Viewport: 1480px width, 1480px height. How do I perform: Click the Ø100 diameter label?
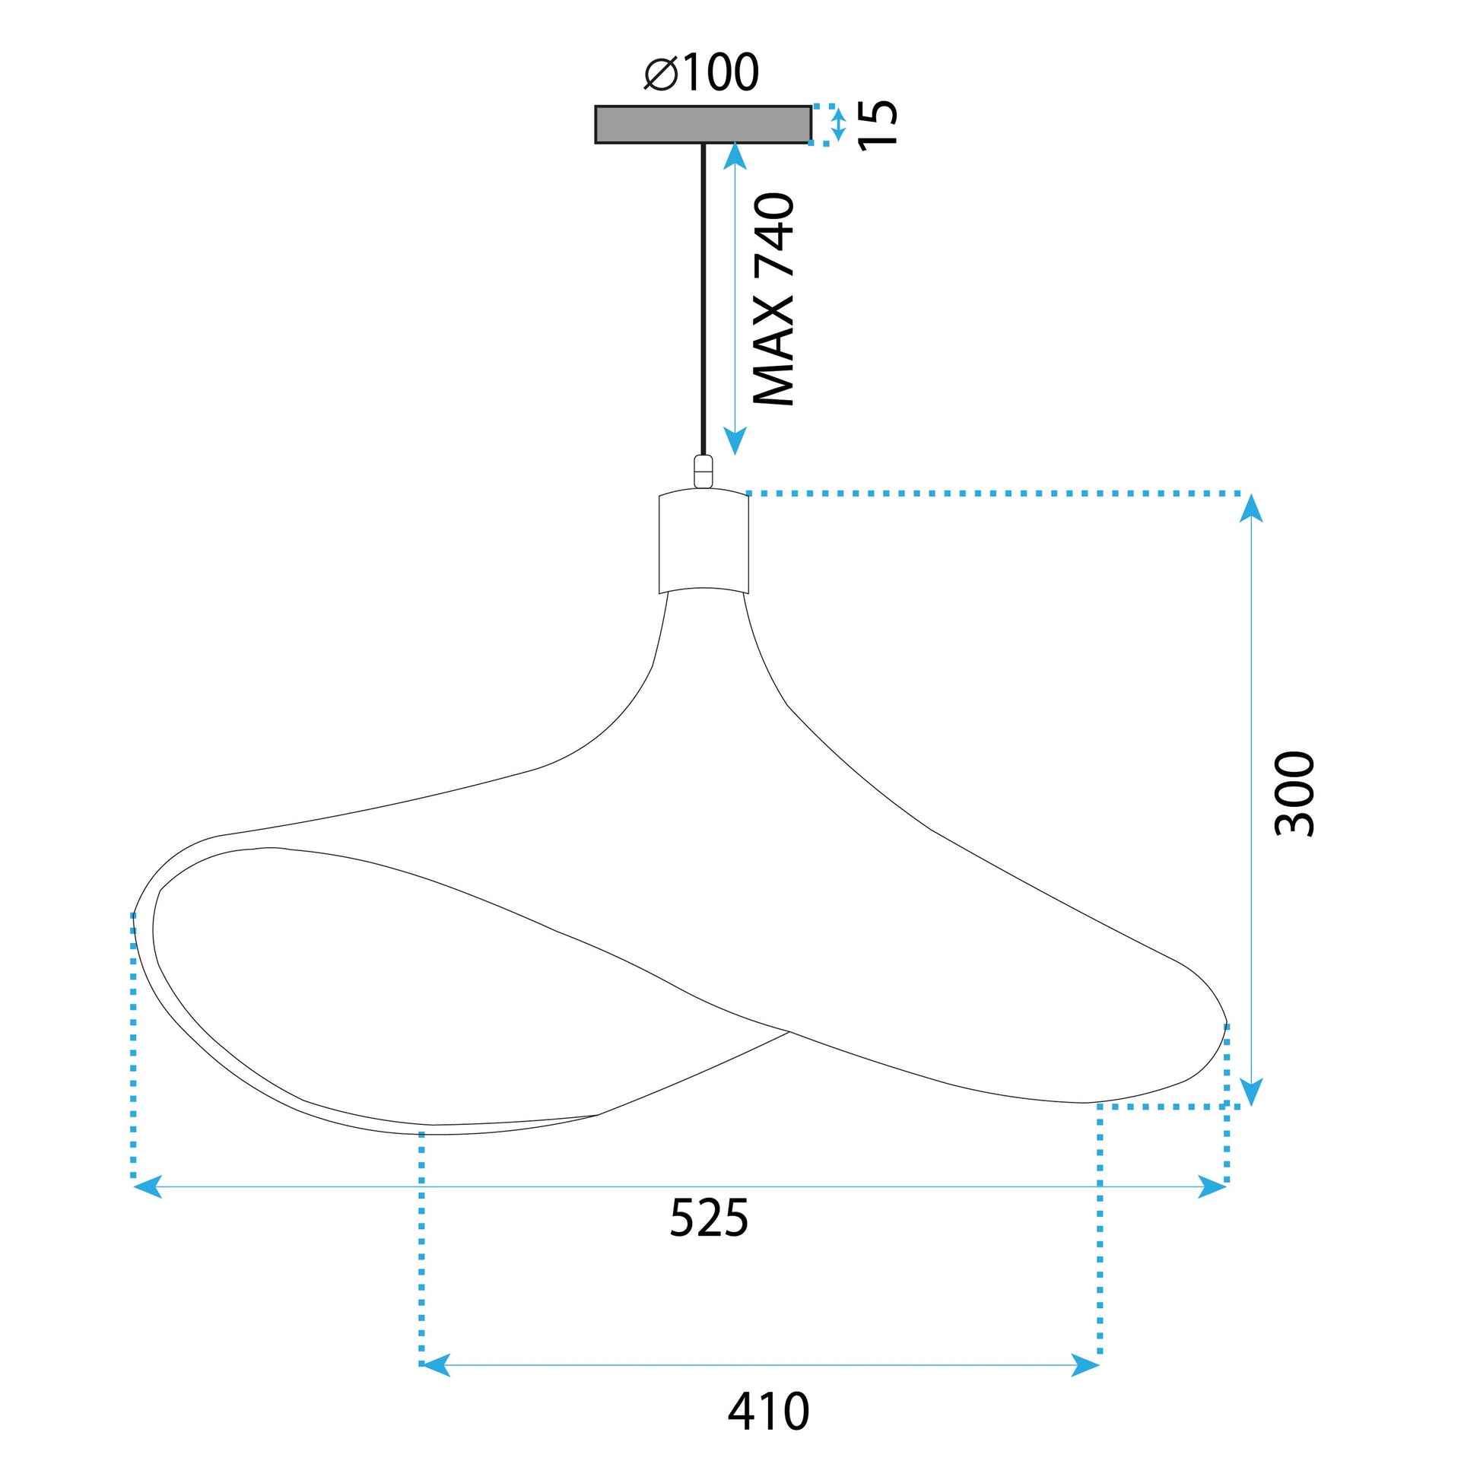pos(702,73)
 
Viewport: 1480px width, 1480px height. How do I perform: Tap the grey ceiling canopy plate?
pos(702,124)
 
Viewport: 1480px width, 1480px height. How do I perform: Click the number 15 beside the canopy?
pos(878,124)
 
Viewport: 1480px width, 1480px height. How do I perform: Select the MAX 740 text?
pos(773,299)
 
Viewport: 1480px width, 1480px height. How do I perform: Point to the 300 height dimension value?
pos(1294,794)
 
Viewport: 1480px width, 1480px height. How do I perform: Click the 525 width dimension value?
pos(708,1218)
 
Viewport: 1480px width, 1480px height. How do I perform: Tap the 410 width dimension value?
pos(767,1411)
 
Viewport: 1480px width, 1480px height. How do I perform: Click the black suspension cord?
pos(703,299)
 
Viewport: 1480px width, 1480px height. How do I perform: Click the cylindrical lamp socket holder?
pos(703,543)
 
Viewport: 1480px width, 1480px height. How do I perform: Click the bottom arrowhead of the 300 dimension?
pos(1250,1092)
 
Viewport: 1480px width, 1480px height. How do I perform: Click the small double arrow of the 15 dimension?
pos(838,124)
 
